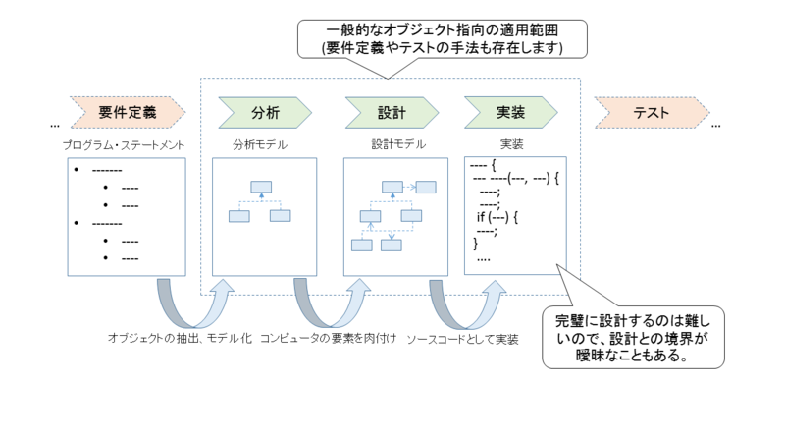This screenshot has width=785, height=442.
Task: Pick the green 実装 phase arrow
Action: tap(510, 112)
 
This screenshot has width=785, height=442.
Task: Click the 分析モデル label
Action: tap(260, 144)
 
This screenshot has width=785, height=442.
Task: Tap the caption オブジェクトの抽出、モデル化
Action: tap(182, 339)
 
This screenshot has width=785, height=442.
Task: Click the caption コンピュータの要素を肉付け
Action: tap(328, 339)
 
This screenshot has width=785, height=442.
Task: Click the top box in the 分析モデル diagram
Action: tap(261, 187)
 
